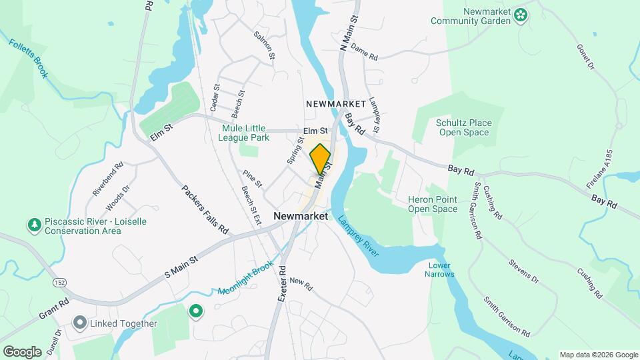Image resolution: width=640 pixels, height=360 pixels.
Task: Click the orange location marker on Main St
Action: point(321,159)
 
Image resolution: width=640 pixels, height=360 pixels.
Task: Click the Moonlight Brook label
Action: point(246,281)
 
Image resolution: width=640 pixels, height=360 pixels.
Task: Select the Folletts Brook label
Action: point(29,59)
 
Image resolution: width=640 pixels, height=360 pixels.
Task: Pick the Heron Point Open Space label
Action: point(433,204)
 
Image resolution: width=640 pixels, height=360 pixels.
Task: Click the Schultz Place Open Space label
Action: point(463,127)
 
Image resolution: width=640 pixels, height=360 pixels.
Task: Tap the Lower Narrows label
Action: point(441,269)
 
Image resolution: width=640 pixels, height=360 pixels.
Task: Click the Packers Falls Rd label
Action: point(205,209)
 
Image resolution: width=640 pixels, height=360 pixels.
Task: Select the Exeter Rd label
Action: point(283,281)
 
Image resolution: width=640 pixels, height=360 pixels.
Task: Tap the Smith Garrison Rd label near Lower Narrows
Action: point(507,317)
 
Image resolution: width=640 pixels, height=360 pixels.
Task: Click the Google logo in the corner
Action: point(22,351)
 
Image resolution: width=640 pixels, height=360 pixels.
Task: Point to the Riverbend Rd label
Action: point(108,179)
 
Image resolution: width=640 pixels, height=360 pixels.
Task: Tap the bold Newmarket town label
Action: point(301,217)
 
